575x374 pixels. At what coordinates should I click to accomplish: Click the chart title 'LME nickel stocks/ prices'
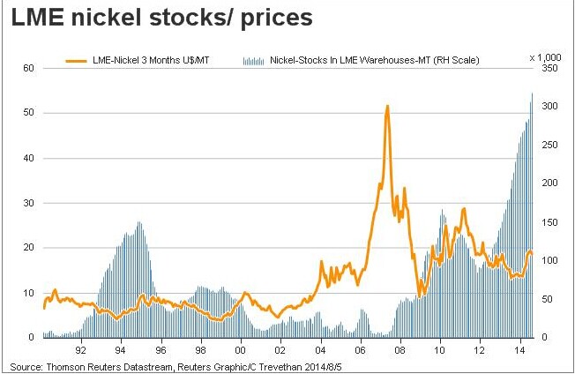(162, 19)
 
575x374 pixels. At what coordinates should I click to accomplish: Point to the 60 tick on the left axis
(27, 68)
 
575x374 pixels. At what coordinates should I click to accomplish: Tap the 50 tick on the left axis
(27, 113)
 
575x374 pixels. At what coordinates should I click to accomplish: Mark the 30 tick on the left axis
(27, 203)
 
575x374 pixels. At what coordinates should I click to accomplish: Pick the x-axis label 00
(241, 348)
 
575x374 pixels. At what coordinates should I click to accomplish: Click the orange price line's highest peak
(387, 106)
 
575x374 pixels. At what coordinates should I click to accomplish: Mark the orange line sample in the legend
(78, 61)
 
